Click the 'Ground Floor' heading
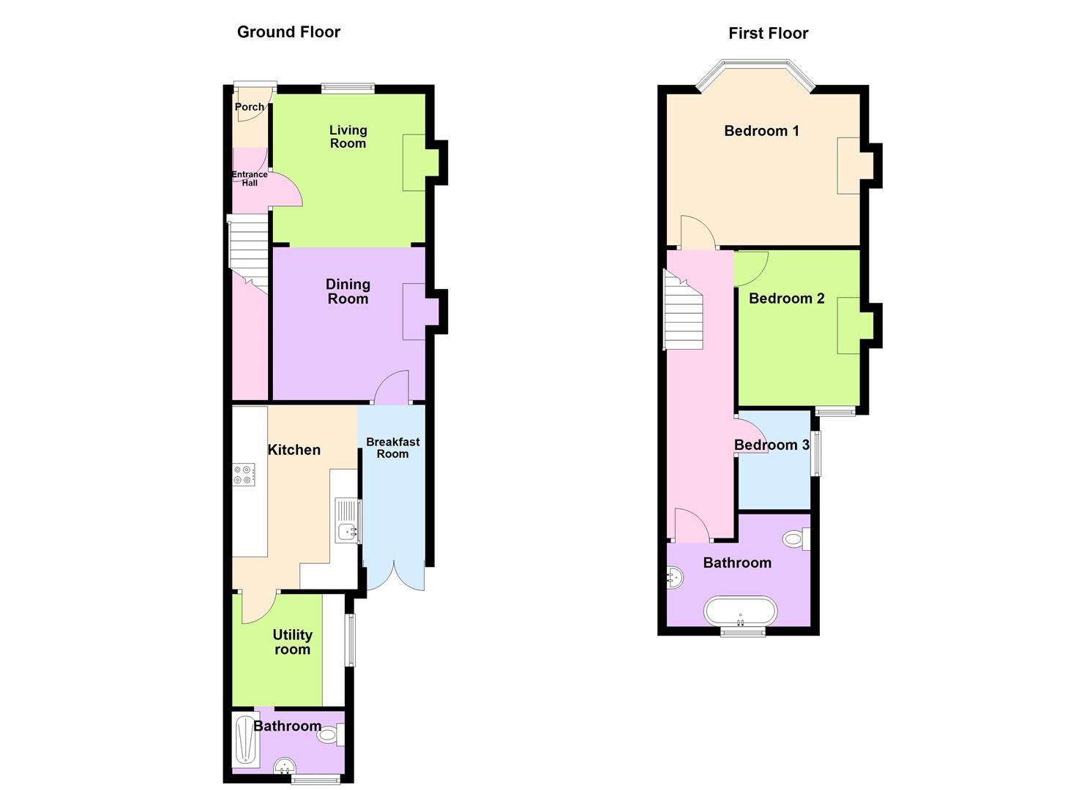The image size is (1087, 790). point(288,32)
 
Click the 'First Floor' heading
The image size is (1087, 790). point(768,34)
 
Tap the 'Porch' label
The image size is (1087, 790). point(250,107)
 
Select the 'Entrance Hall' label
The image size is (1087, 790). point(250,178)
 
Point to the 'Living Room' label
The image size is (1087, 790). point(348,137)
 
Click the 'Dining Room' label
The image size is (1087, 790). point(348,291)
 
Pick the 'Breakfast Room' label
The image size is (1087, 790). point(392,448)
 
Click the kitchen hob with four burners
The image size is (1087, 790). point(244,475)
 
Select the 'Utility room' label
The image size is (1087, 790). point(292,642)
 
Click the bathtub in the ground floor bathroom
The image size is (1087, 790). point(245,740)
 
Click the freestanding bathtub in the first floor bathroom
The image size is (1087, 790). point(740,612)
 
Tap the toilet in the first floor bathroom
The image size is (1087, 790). point(796,540)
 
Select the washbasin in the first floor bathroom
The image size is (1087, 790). point(674,578)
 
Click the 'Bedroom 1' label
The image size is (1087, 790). point(761,131)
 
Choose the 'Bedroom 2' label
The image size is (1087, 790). point(786,298)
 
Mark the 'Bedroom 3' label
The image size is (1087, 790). point(772,445)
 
